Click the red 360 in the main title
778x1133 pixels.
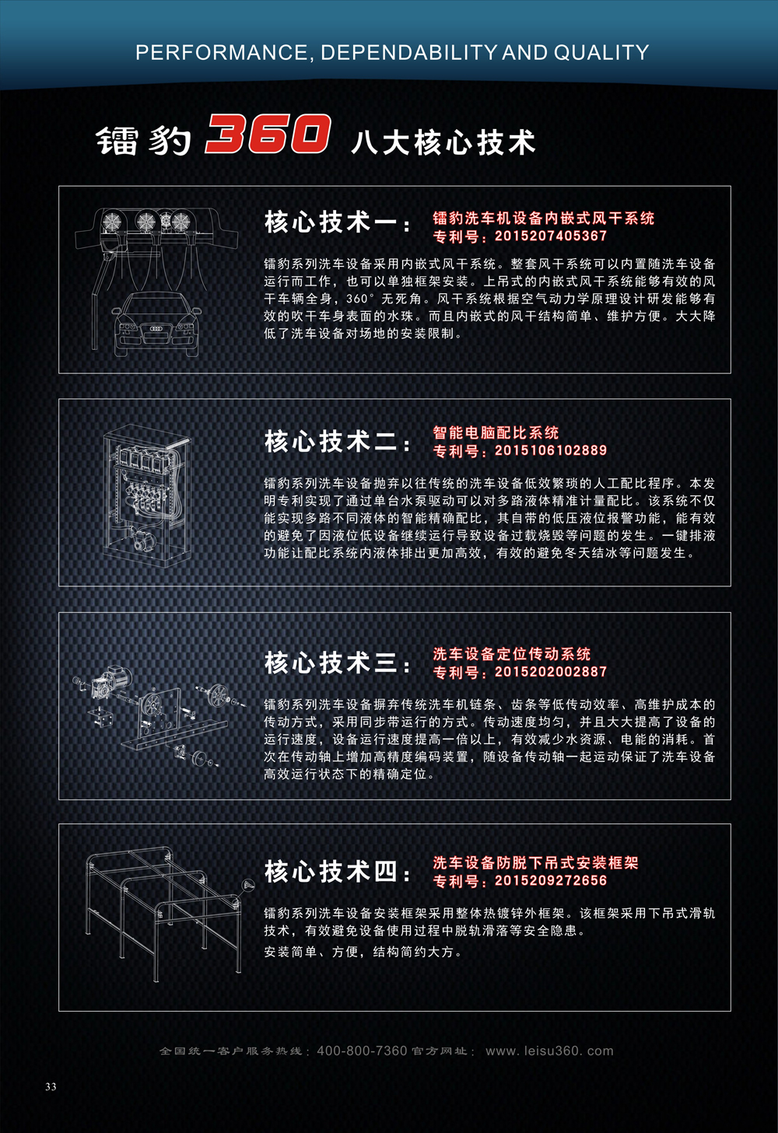(x=268, y=134)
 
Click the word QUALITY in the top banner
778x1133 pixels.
(x=601, y=53)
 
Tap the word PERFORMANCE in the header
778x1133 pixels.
(x=221, y=53)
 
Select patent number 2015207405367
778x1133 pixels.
(x=550, y=236)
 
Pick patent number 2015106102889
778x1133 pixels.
(x=550, y=451)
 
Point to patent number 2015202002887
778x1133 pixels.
(x=550, y=672)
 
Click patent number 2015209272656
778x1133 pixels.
(x=550, y=880)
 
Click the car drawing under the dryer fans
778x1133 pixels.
(x=157, y=323)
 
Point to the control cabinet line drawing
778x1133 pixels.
(x=147, y=495)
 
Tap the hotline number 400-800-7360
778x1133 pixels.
(x=362, y=1051)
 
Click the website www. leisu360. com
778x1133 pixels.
(x=549, y=1051)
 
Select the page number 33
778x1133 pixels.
(x=51, y=1086)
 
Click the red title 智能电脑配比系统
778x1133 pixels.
(x=496, y=433)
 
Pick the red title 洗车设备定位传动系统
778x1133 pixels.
(x=512, y=654)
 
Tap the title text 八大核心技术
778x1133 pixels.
(x=443, y=142)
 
